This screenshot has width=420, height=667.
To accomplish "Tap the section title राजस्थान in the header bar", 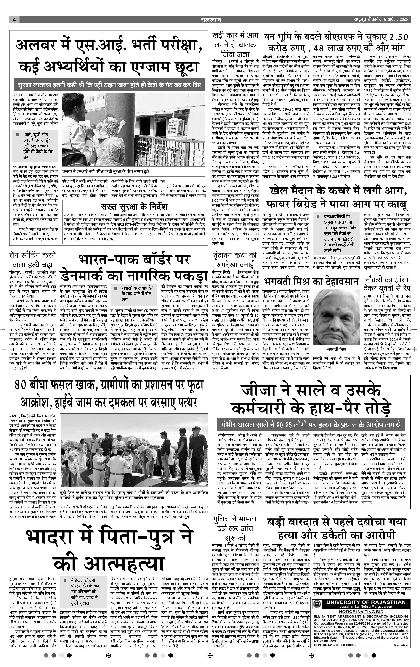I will pos(211,20).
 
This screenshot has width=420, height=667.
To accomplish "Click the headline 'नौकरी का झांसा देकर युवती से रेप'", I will pos(387,284).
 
